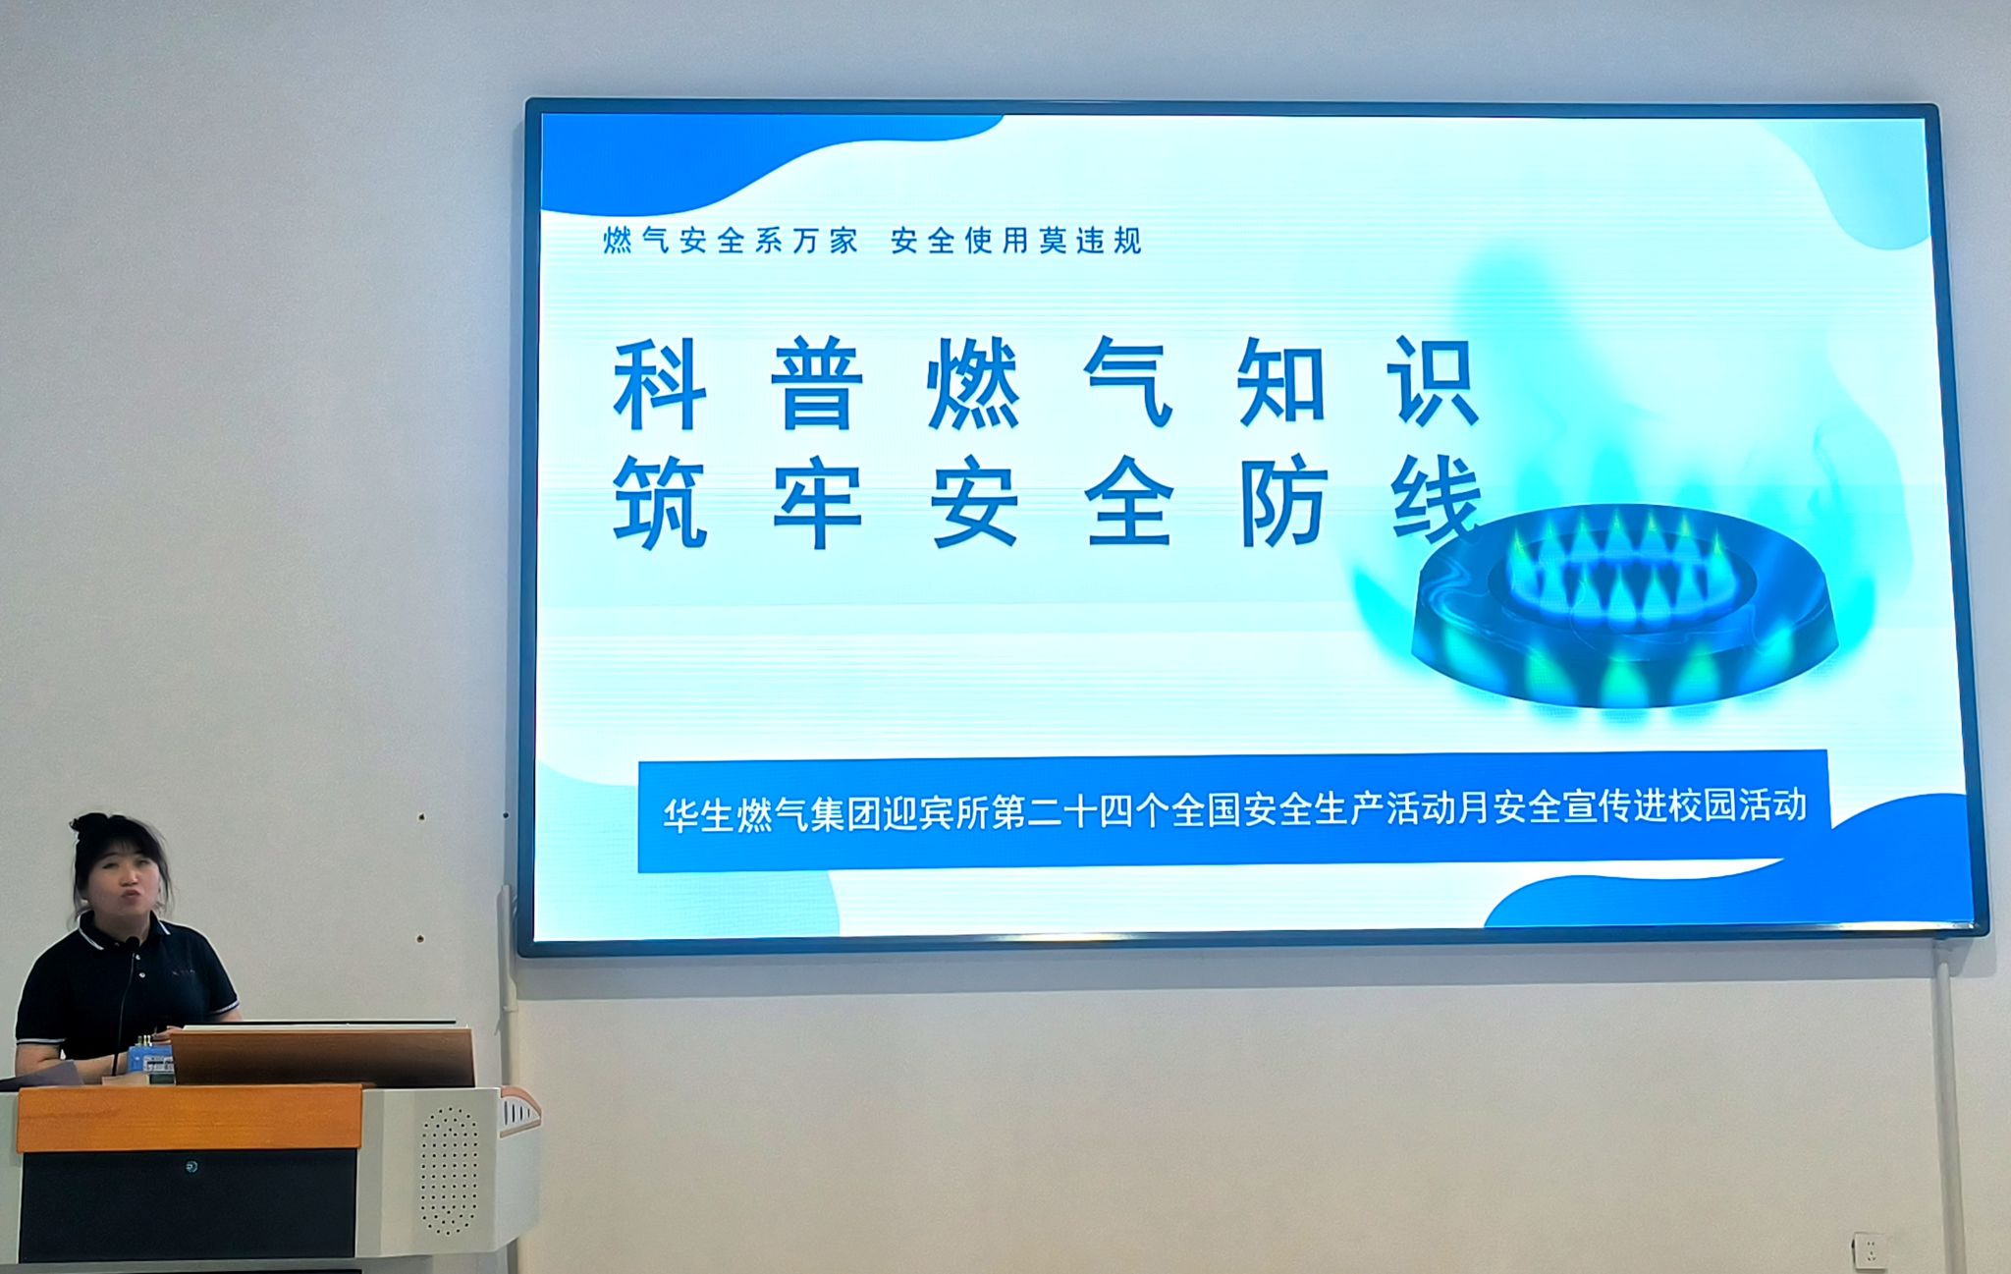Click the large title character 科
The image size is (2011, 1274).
[x=660, y=384]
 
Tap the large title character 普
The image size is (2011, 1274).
[x=816, y=384]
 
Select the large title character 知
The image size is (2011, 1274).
[x=1281, y=384]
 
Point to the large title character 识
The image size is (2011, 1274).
[x=1433, y=383]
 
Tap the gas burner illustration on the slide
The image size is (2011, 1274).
[x=1622, y=609]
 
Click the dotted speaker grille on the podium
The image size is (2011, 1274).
[x=449, y=1170]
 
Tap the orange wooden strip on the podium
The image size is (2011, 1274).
[x=190, y=1118]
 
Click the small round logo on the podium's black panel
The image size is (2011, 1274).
[x=191, y=1167]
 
